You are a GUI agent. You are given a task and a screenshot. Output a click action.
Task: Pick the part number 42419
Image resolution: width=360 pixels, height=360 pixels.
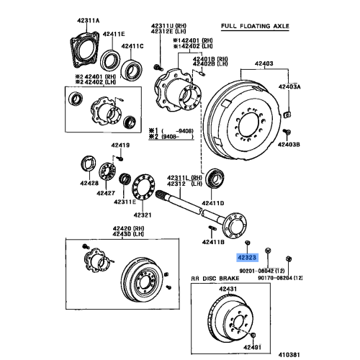point(120,146)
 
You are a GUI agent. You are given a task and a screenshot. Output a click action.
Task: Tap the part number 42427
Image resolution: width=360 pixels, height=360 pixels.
point(107,194)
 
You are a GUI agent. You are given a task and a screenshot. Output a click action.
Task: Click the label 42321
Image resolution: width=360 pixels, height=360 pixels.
point(141,214)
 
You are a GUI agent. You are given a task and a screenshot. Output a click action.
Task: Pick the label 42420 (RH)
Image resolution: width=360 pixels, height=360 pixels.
point(125,228)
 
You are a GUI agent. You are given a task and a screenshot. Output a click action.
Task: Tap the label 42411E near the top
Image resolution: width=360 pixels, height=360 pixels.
point(112,34)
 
